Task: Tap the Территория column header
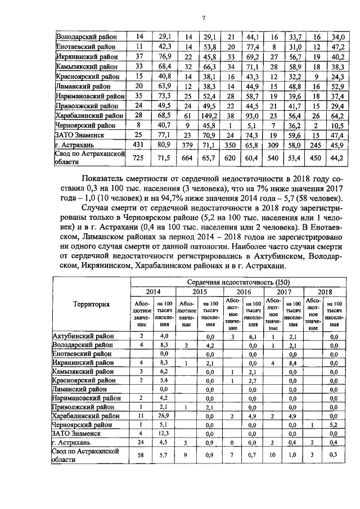(x=91, y=304)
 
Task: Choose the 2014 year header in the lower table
(x=153, y=292)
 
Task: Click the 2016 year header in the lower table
(x=243, y=292)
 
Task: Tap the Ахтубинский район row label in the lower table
(x=83, y=336)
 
